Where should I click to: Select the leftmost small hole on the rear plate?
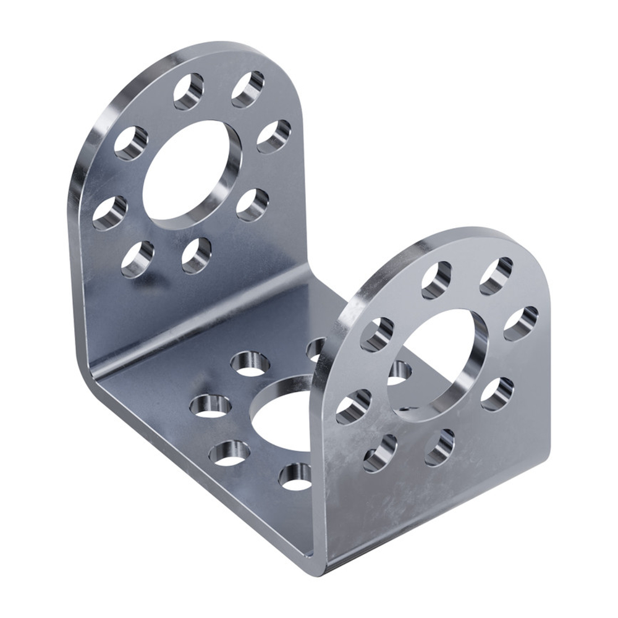click(110, 213)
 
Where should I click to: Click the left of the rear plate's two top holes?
click(188, 91)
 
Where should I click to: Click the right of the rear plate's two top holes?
click(248, 88)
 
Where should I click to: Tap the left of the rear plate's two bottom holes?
click(137, 258)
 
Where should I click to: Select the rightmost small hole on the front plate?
click(520, 323)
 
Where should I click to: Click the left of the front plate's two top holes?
click(436, 279)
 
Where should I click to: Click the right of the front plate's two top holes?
click(496, 276)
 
